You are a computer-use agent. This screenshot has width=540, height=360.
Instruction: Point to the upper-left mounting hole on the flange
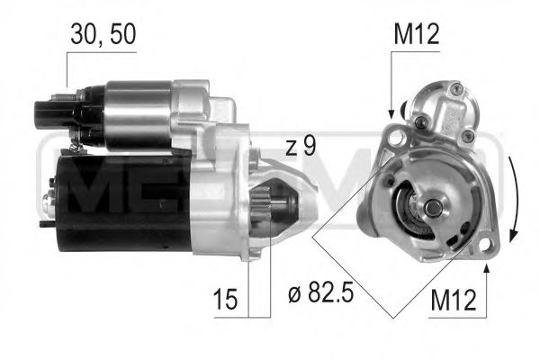[392, 137]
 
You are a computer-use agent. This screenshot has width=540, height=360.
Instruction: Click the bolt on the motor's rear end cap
[49, 193]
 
